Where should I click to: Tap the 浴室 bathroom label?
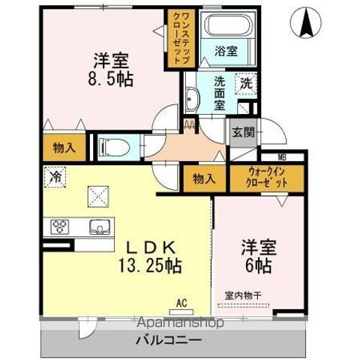(x=226, y=51)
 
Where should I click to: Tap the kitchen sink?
(x=100, y=226)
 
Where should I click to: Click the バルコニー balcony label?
(x=168, y=340)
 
